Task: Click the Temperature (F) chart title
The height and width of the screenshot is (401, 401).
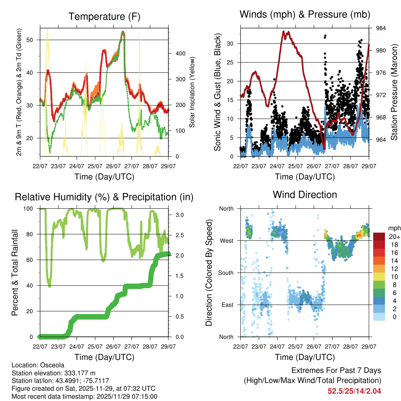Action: click(104, 16)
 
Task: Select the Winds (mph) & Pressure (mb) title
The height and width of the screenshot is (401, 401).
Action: click(305, 15)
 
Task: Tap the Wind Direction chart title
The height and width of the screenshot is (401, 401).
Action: click(305, 194)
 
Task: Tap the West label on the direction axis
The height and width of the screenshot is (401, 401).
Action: click(226, 240)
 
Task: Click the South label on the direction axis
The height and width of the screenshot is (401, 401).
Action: click(226, 273)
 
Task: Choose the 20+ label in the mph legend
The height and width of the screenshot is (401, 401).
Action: click(394, 237)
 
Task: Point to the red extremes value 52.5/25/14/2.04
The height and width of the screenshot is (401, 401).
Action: click(354, 391)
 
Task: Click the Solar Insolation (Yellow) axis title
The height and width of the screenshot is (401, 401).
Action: click(192, 92)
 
